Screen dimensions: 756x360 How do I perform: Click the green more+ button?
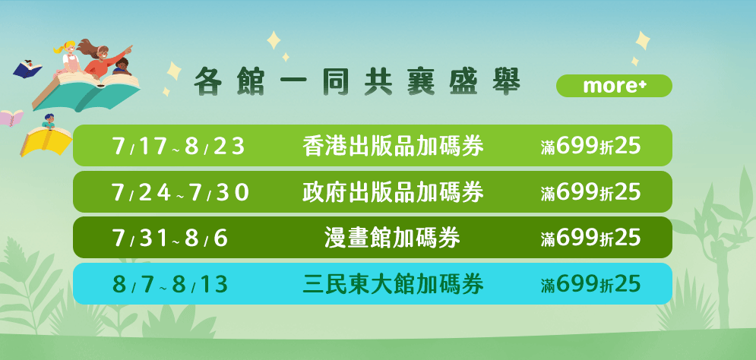(614, 86)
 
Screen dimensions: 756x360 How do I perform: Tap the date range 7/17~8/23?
(179, 147)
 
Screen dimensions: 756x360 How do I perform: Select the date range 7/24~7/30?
(180, 193)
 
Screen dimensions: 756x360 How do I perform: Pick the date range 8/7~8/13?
(169, 286)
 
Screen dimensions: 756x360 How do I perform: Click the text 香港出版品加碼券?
(393, 147)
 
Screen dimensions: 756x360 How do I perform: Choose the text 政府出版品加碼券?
(393, 193)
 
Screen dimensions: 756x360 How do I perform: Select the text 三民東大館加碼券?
(393, 286)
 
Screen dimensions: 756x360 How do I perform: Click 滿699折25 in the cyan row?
(590, 286)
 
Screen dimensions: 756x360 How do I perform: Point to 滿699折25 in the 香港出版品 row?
(590, 147)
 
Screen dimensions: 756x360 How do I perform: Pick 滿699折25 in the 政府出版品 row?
(590, 193)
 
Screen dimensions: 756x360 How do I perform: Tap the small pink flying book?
(11, 117)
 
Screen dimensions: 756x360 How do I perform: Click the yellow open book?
(46, 141)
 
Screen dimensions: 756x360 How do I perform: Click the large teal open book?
(86, 92)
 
